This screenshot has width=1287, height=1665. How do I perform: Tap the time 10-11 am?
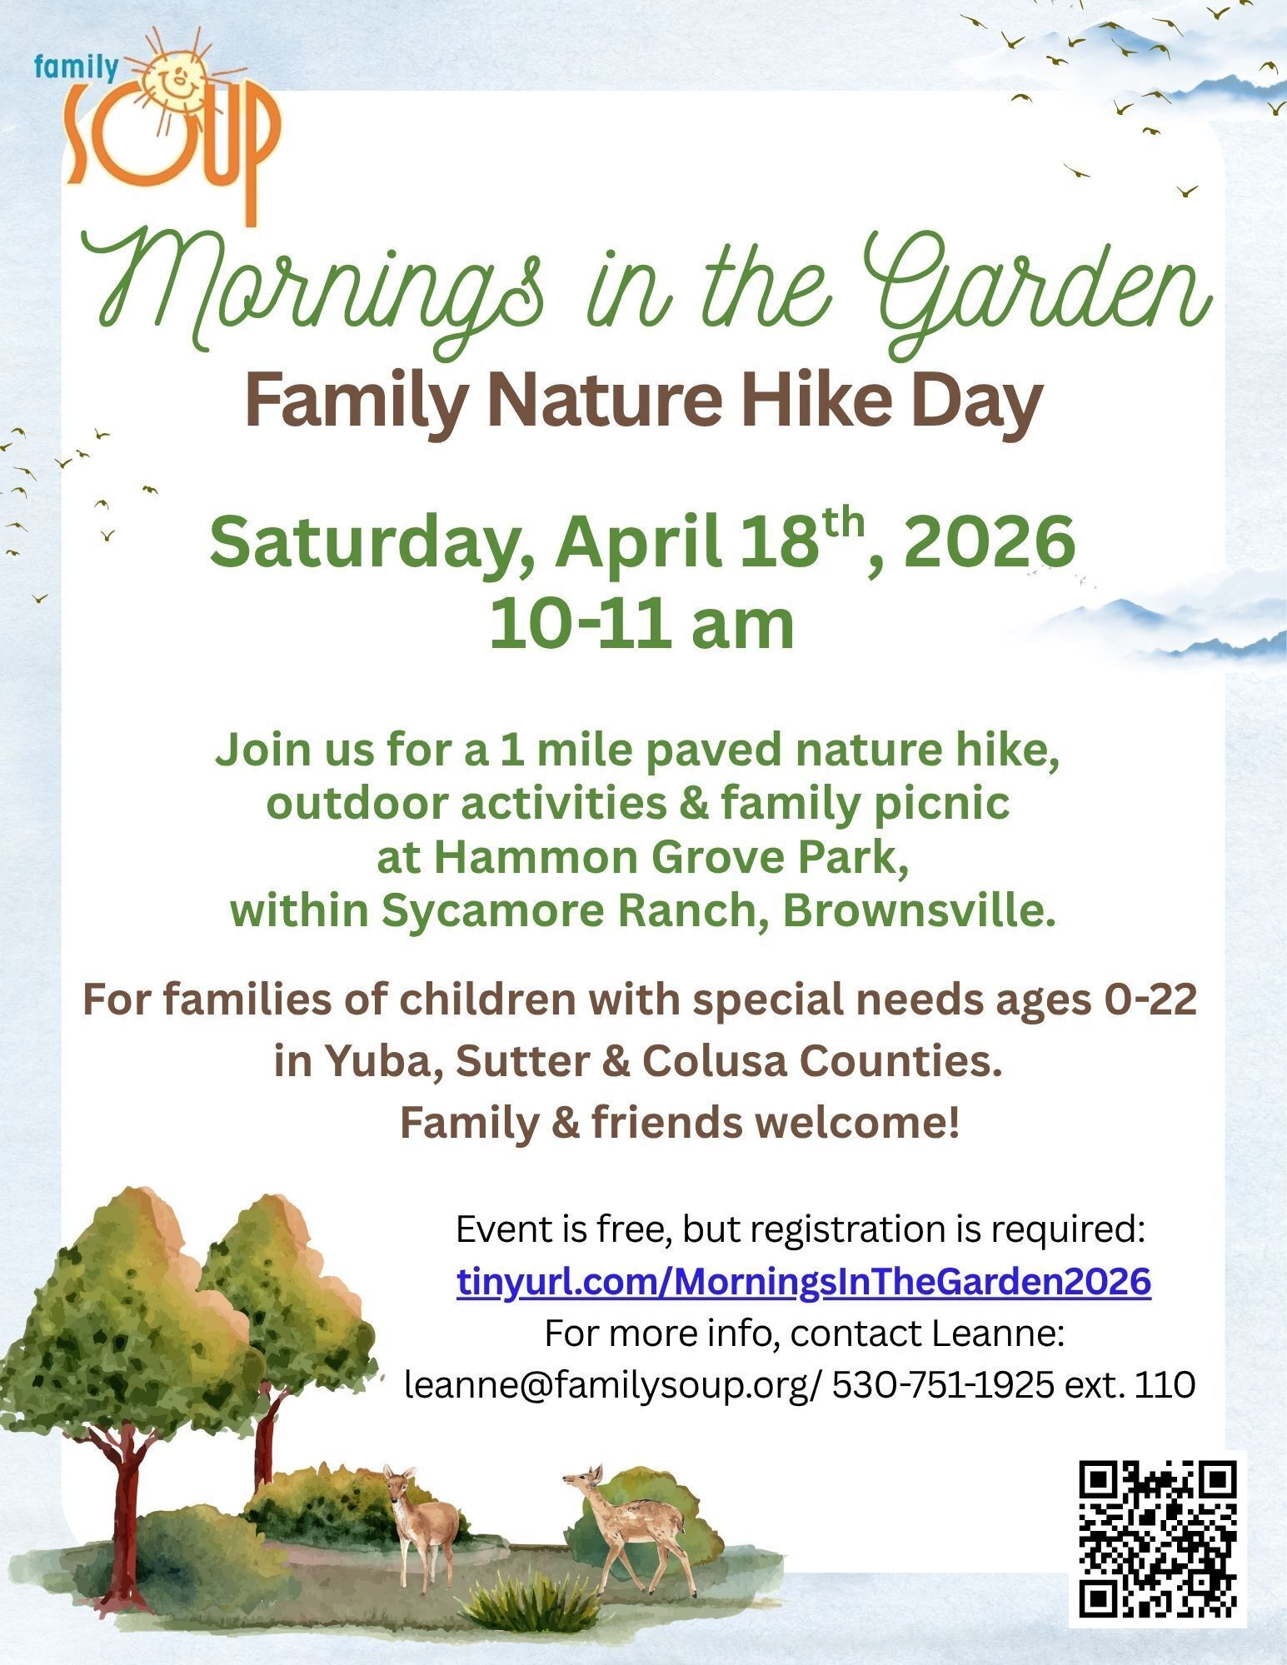click(642, 625)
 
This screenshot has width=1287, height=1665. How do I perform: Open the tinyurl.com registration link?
click(805, 1282)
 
